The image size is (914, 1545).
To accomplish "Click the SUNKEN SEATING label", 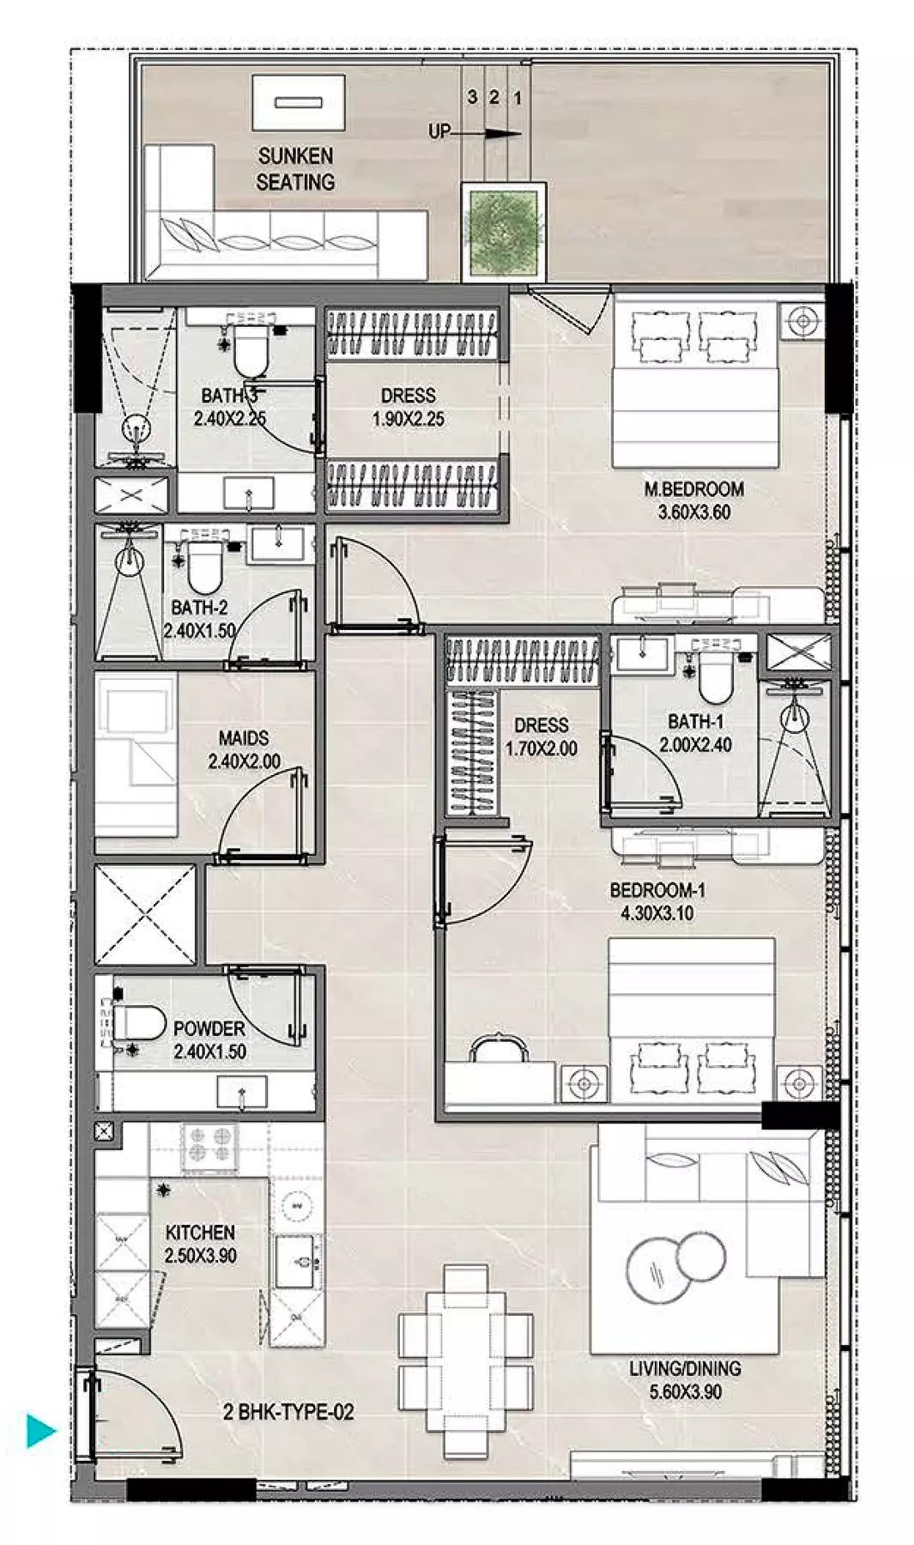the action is coord(295,169).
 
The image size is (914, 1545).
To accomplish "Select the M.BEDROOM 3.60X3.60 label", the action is coord(693,501).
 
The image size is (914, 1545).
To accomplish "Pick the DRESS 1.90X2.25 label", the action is coord(408,408).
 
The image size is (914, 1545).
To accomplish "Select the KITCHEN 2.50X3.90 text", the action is coord(200,1244).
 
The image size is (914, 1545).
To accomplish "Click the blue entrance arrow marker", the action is coord(40,1431).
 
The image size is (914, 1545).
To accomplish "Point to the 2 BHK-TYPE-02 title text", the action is coord(288,1412).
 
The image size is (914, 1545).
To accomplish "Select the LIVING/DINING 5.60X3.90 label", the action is coord(685,1380).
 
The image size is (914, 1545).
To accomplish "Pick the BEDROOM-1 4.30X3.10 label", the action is coord(657,901).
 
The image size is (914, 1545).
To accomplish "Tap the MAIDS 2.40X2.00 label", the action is coord(244,749).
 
